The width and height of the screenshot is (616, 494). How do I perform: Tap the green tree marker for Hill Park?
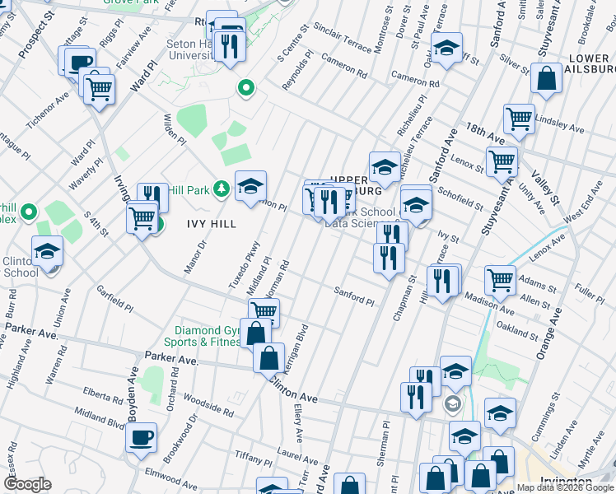click(x=221, y=190)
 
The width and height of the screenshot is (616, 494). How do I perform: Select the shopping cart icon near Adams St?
click(x=500, y=279)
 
